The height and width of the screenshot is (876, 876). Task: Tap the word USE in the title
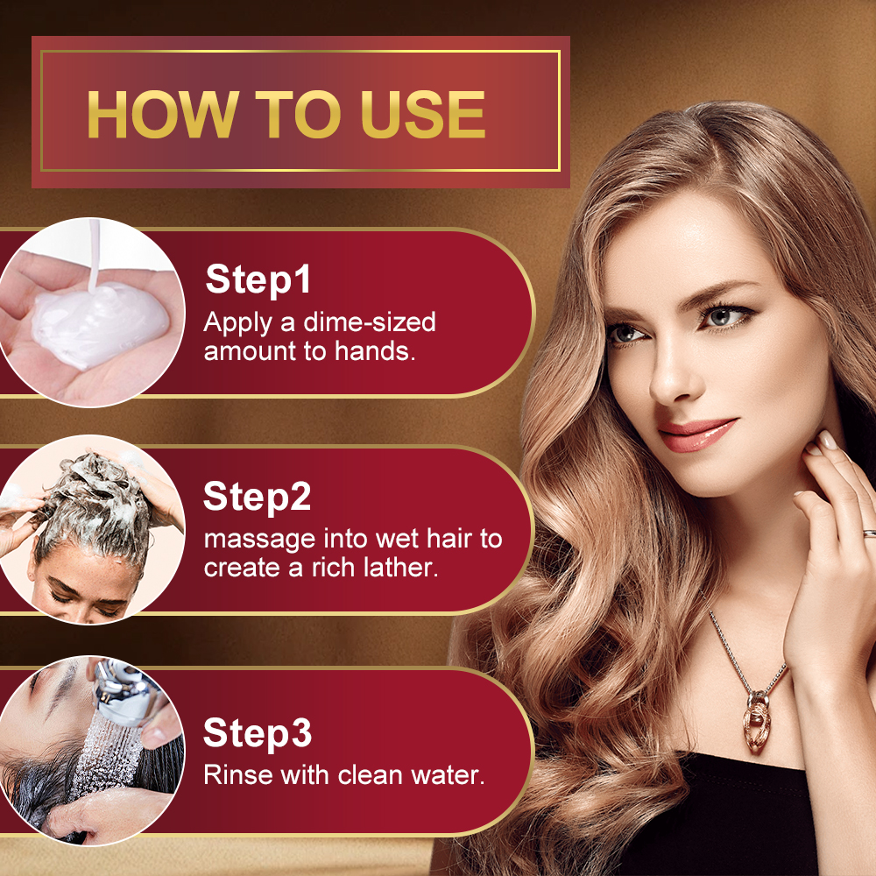point(422,114)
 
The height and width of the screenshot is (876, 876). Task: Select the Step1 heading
point(258,279)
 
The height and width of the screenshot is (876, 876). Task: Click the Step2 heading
point(257,497)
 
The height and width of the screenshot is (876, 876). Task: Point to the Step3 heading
point(257,733)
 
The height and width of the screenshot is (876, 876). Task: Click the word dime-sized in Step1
point(370,322)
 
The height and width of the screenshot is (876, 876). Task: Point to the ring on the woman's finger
point(870,533)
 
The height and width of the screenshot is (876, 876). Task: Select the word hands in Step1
point(375,351)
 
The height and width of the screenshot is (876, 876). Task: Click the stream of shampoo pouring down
point(94,254)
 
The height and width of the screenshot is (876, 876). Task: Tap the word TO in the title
point(298,114)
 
